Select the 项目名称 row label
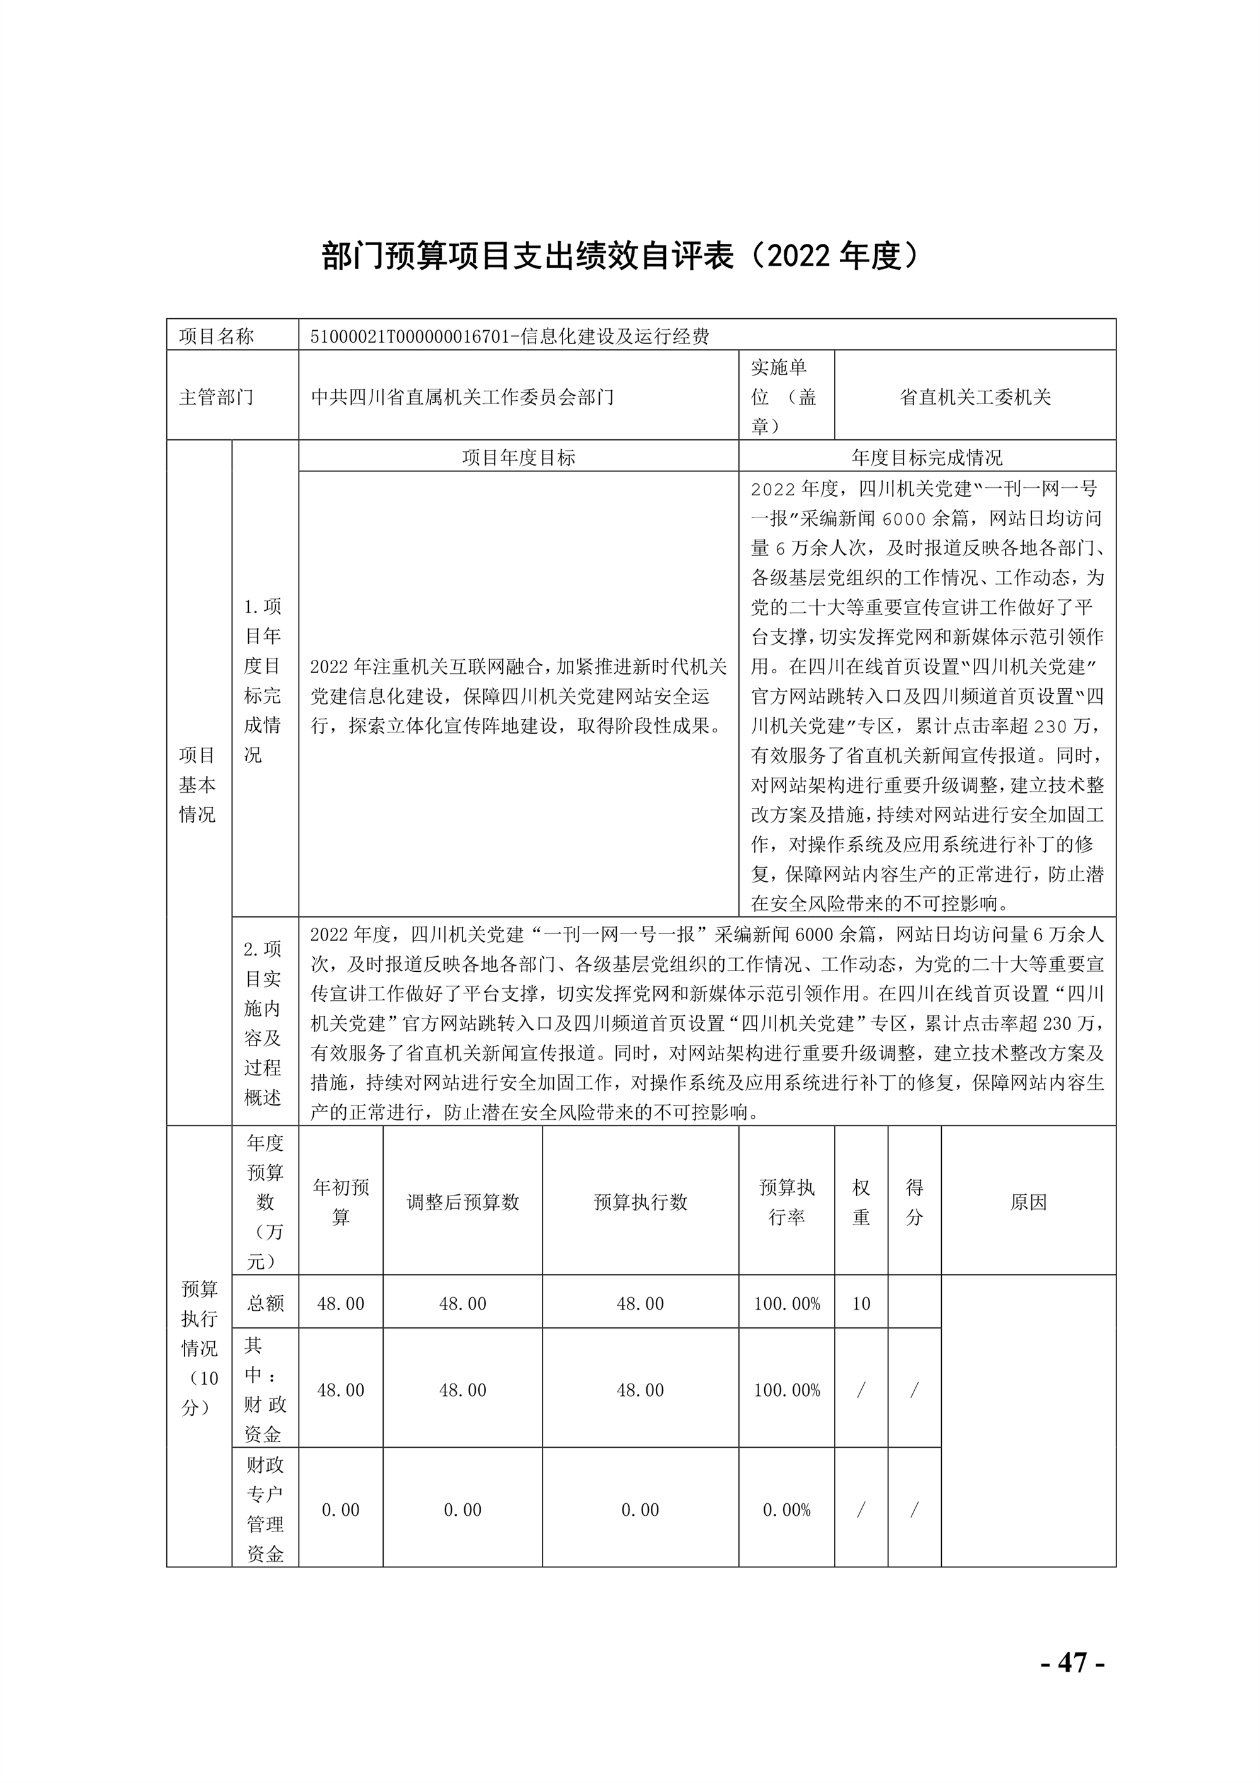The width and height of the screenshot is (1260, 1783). [x=217, y=337]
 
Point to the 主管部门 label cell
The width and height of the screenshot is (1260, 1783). [x=217, y=398]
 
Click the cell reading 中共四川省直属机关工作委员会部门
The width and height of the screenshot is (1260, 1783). [x=462, y=398]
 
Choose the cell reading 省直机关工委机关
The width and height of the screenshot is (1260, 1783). [x=975, y=398]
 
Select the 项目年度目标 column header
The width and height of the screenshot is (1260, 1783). [x=518, y=458]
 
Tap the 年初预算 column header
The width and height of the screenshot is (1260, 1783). [x=341, y=1201]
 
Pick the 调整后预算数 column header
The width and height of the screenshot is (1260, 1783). [x=462, y=1202]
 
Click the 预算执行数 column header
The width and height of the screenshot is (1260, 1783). [x=641, y=1202]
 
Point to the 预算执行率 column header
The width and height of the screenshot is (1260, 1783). [x=786, y=1201]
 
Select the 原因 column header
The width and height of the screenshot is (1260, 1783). [x=1028, y=1202]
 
